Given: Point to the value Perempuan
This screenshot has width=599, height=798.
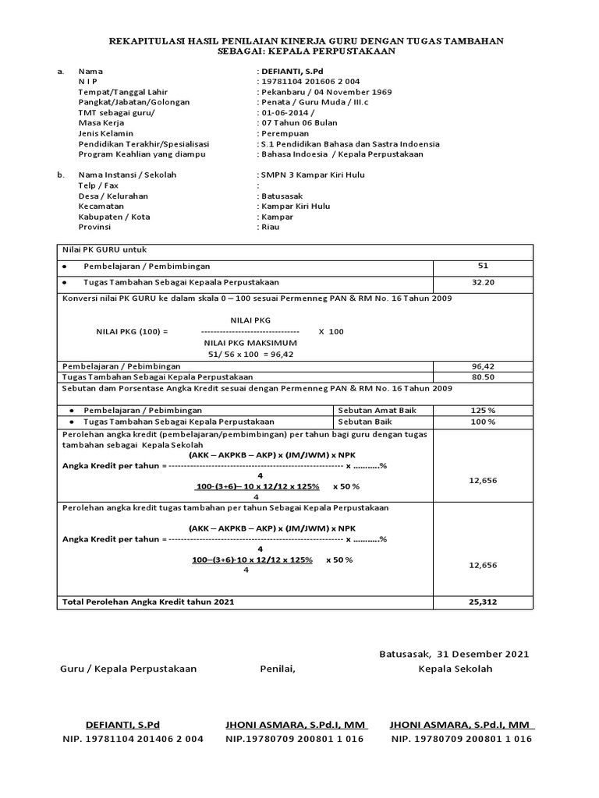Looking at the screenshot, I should [x=286, y=133].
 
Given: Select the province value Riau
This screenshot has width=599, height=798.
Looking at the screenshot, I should [x=270, y=227].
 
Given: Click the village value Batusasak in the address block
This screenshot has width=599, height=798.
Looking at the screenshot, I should [x=284, y=196].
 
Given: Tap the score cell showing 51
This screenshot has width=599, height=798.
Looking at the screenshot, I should [x=483, y=267].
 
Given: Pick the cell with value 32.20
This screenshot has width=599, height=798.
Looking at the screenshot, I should [x=483, y=282].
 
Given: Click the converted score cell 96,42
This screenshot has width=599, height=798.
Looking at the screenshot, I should [x=483, y=365].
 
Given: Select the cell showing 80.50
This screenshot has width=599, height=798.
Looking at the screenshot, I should [x=483, y=376].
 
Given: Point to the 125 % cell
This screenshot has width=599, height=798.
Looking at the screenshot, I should [x=483, y=410].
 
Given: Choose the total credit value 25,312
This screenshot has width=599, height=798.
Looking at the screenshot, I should [x=483, y=602].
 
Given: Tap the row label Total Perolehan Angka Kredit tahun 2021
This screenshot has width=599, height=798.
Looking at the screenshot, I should [x=147, y=602].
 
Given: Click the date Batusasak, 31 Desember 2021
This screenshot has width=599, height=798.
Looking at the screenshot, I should [x=453, y=654].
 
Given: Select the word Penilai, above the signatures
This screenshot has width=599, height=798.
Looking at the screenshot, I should [x=278, y=669].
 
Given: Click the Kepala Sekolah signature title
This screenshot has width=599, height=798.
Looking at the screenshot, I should [x=455, y=669].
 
